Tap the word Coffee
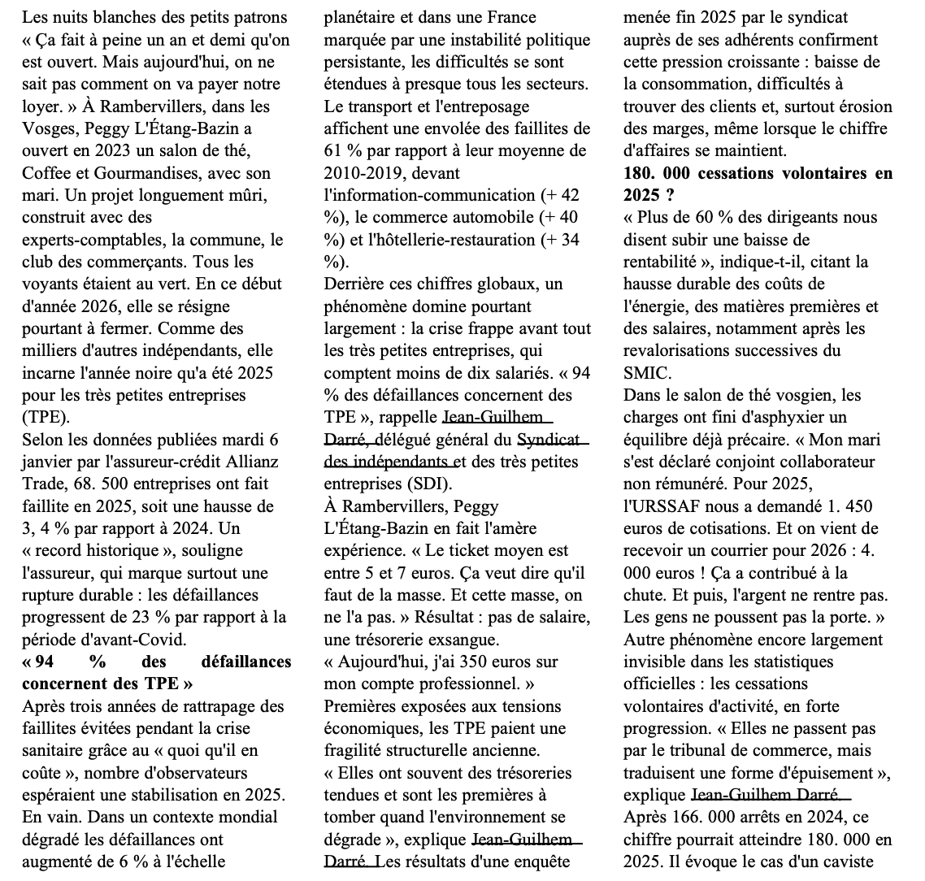tap(46, 173)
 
